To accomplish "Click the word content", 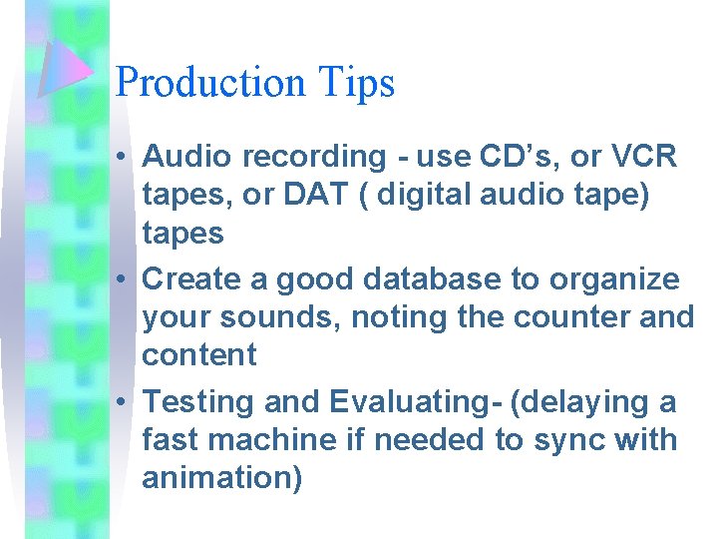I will pyautogui.click(x=199, y=355).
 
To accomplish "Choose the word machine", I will pyautogui.click(x=274, y=440).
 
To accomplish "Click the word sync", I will pyautogui.click(x=572, y=440).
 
